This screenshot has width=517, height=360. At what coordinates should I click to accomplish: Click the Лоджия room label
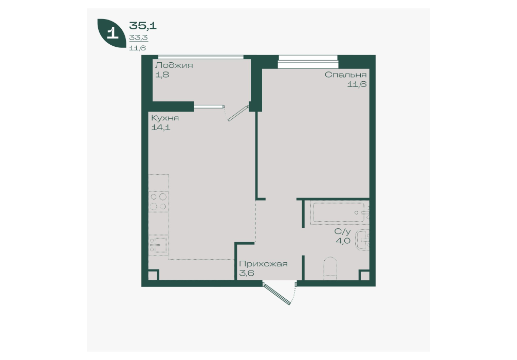pos(174,65)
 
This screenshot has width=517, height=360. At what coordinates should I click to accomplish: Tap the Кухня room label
pos(165,118)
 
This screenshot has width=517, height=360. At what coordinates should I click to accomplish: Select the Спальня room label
pos(345,75)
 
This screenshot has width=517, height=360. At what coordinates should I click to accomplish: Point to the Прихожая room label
pos(264,264)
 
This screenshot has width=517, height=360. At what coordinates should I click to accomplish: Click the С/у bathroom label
pos(343,231)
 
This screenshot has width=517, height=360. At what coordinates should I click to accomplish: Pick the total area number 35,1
pos(143,25)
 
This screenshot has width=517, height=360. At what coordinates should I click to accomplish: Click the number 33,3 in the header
pos(138,38)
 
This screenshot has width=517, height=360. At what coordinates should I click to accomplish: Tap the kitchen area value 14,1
pos(161,128)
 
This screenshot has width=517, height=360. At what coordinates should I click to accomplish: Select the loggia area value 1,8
pos(162,75)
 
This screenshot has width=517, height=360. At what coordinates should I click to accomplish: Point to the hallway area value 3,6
pos(247,273)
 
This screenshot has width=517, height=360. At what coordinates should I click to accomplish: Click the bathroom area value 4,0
pos(343,241)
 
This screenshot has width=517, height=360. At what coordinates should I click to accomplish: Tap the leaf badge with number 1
pos(112,33)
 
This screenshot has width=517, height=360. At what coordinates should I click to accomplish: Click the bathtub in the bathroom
pos(339,212)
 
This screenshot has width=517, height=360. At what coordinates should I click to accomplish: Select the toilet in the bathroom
pos(330,268)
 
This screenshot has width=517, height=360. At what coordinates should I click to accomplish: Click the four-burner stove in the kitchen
pos(159,202)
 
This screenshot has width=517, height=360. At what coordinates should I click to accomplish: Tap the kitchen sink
pos(159,245)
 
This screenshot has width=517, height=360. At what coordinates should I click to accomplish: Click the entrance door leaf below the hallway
pos(276,294)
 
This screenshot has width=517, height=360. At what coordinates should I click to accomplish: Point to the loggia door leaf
pos(238,113)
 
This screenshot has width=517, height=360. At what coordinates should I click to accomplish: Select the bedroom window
pos(308,62)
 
